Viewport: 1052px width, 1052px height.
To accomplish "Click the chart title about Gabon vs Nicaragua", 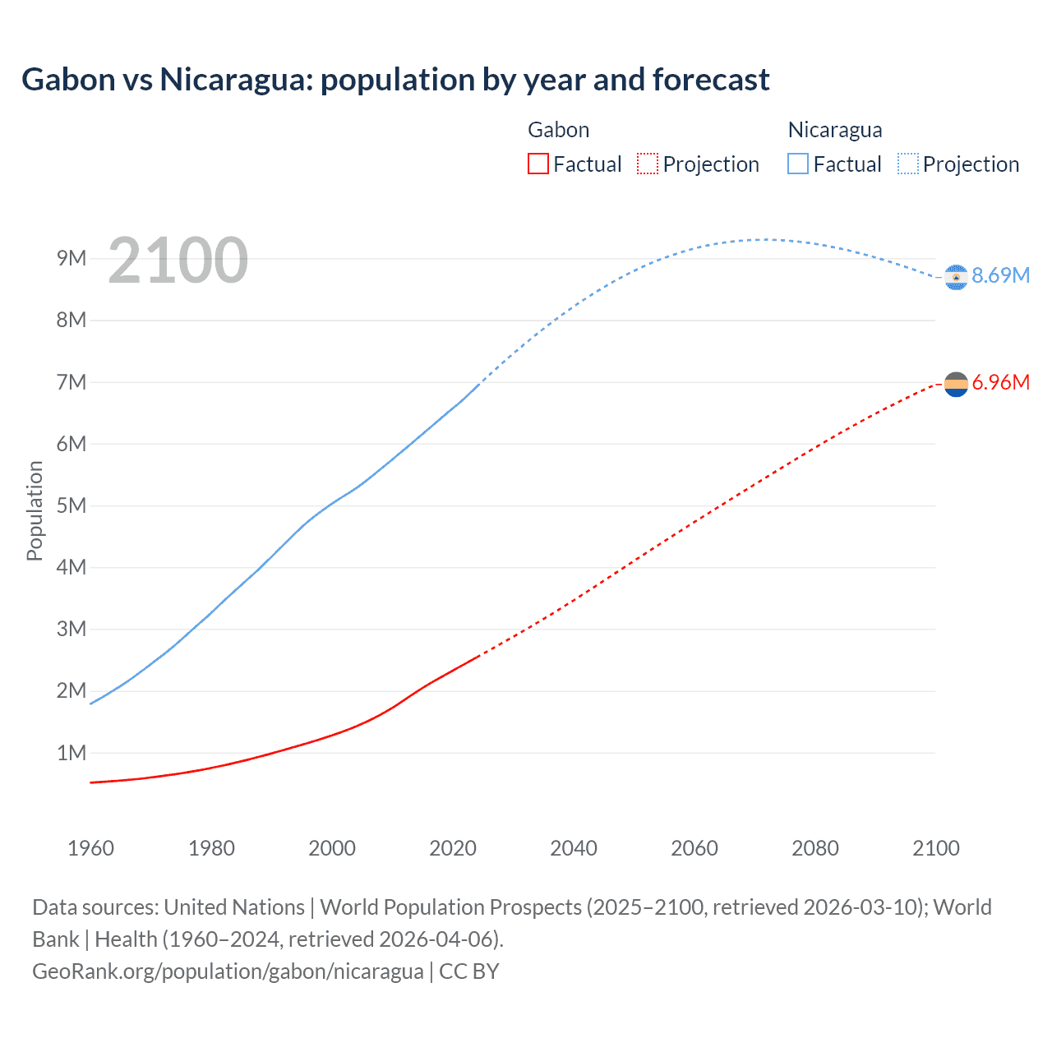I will [x=395, y=80].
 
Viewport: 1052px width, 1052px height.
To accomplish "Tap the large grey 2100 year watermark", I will [x=178, y=261].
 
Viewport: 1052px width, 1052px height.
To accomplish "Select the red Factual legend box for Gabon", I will [x=538, y=164].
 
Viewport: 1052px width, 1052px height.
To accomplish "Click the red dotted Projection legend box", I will [x=648, y=164].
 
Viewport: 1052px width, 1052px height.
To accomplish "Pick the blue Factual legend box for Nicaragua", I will [x=797, y=164].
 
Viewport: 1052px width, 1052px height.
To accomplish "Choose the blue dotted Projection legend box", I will [x=907, y=164].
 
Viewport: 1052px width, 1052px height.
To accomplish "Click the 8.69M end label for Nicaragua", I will [x=1000, y=275].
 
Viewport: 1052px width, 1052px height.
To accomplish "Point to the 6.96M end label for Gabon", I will [x=1000, y=382].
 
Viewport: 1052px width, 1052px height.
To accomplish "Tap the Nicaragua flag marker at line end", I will [x=956, y=278].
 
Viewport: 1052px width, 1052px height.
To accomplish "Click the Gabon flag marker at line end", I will [x=956, y=384].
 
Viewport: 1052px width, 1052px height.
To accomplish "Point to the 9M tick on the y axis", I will [x=72, y=258].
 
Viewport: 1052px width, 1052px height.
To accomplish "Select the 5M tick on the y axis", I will [x=72, y=505].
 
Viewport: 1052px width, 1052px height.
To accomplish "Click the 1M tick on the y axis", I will [x=72, y=753].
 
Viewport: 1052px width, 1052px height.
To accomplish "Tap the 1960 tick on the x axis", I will [x=90, y=848].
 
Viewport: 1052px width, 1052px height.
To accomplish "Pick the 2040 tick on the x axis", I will [x=574, y=848].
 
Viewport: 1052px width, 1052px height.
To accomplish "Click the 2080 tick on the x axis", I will [x=815, y=848].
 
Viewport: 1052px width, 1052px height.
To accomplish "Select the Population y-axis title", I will [x=35, y=510].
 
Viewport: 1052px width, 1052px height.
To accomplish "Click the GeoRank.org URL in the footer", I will [x=228, y=971].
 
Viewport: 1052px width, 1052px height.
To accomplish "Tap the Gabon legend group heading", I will [x=558, y=130].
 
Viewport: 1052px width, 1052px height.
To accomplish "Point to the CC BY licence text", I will [x=469, y=971].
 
